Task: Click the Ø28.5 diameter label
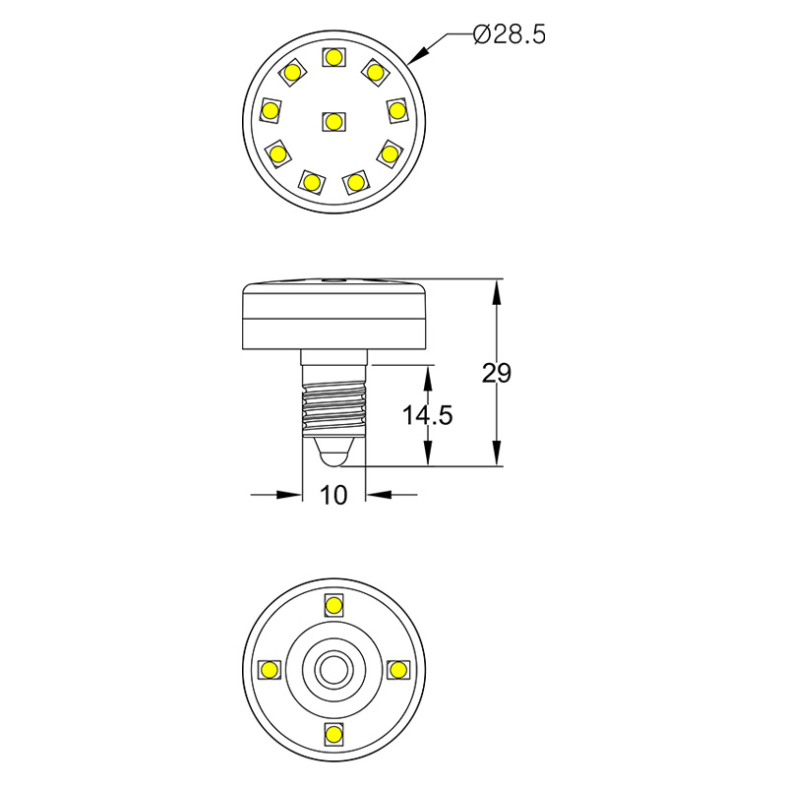pos(509,34)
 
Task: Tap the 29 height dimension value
pos(497,373)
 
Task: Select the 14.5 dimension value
pos(427,415)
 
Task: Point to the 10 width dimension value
pos(334,495)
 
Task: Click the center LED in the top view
pos(333,121)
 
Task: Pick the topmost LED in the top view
pos(333,57)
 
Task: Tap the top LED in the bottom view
pos(333,604)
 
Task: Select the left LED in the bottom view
pos(269,670)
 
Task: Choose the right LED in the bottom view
pos(398,670)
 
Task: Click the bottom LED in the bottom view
pos(333,734)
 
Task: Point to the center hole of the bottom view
pos(333,670)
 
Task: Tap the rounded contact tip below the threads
pos(334,454)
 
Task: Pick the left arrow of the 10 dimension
pos(291,495)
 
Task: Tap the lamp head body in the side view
pos(334,317)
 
